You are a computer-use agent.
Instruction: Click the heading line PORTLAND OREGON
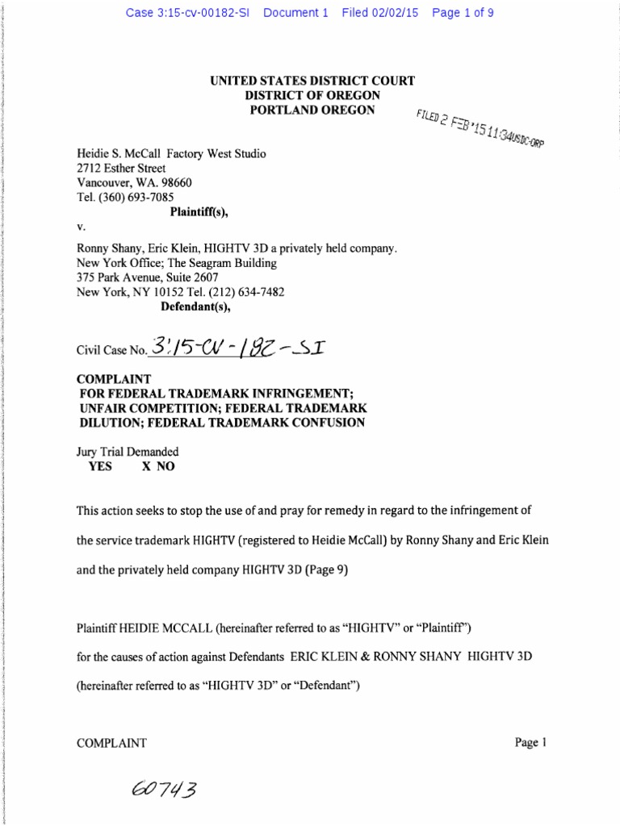coord(312,110)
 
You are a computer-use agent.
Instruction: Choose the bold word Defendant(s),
coord(193,307)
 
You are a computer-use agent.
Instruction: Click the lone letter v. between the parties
coord(81,227)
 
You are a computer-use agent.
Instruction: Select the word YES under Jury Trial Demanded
coord(100,466)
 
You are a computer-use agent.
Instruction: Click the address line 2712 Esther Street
coord(121,168)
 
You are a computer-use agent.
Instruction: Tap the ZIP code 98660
coord(173,182)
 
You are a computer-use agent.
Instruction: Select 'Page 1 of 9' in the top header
coord(463,14)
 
